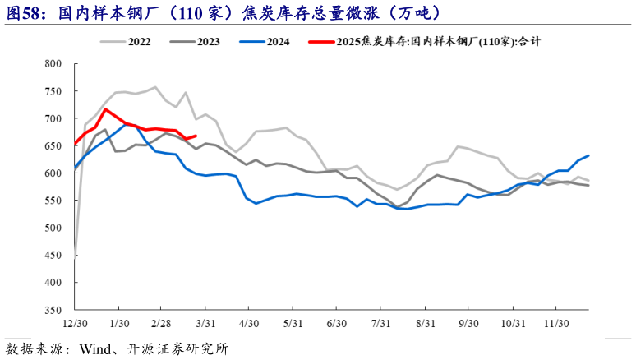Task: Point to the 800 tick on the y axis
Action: pyautogui.click(x=53, y=64)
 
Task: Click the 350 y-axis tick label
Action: pyautogui.click(x=53, y=310)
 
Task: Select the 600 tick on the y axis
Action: pyautogui.click(x=53, y=173)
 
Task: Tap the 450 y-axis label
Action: pyautogui.click(x=53, y=256)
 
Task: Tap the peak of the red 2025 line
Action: pyautogui.click(x=105, y=108)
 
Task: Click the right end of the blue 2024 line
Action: pyautogui.click(x=588, y=155)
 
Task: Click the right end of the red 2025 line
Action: pyautogui.click(x=195, y=136)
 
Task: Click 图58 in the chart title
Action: pyautogui.click(x=24, y=12)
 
